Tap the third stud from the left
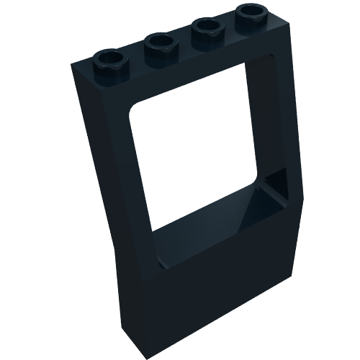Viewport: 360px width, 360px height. tap(207, 32)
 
